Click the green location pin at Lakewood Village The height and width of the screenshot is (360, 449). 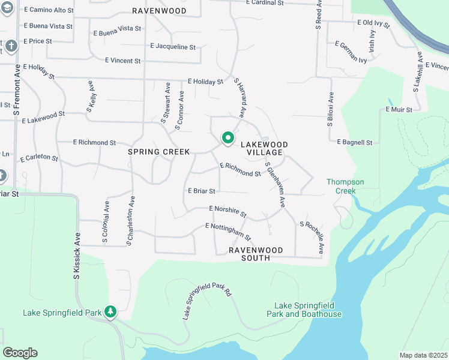point(228,138)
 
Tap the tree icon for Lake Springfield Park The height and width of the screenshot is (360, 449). point(110,311)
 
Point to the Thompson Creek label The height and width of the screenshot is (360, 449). point(341,186)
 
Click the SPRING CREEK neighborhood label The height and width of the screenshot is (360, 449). point(159,152)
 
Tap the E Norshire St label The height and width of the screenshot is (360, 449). point(228,211)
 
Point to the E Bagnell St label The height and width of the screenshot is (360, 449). point(355,142)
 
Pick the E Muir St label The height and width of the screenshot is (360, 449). point(399,110)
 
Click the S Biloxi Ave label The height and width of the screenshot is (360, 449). point(330,115)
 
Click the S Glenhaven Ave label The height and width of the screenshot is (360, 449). point(276,185)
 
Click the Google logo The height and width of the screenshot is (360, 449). point(20,353)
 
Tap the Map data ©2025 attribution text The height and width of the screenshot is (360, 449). point(423,355)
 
